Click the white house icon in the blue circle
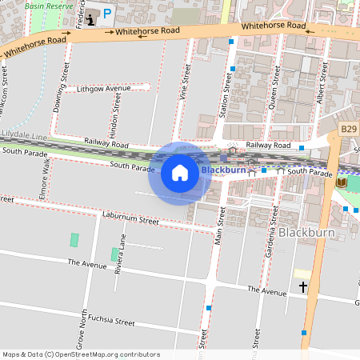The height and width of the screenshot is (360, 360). [x=180, y=173]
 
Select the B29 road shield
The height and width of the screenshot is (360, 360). [x=348, y=128]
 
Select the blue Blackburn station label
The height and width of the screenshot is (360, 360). [x=223, y=170]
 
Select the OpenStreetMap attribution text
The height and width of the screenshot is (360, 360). [x=81, y=354]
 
